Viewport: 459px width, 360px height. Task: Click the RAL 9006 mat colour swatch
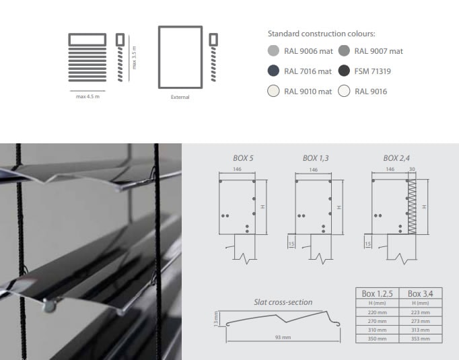pos(273,51)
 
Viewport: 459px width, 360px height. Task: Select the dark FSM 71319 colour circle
pos(344,71)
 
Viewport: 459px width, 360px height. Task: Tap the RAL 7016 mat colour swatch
pos(273,71)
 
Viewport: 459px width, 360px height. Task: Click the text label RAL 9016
pos(371,92)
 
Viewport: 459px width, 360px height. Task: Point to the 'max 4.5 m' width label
pos(87,97)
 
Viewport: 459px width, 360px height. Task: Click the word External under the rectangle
pos(180,97)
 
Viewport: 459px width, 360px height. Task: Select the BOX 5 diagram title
pos(243,158)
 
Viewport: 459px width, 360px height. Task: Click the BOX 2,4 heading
pos(396,158)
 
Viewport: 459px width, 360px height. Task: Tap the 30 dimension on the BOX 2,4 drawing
pos(412,169)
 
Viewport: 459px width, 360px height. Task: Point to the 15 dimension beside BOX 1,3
pos(291,244)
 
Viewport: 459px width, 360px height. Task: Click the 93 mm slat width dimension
pos(283,338)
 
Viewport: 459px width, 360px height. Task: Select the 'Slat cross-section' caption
pos(283,302)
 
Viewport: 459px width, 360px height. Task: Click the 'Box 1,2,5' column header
pos(378,293)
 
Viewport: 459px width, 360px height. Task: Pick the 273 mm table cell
pos(421,322)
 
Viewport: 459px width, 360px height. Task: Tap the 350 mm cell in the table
pos(378,339)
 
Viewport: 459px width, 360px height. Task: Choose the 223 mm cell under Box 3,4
pos(421,313)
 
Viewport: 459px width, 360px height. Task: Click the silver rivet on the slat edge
pos(49,305)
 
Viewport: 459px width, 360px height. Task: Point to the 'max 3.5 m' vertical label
pos(134,58)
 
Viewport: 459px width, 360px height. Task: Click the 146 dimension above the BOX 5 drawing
pos(237,169)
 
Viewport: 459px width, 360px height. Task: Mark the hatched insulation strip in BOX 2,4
pos(412,207)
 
